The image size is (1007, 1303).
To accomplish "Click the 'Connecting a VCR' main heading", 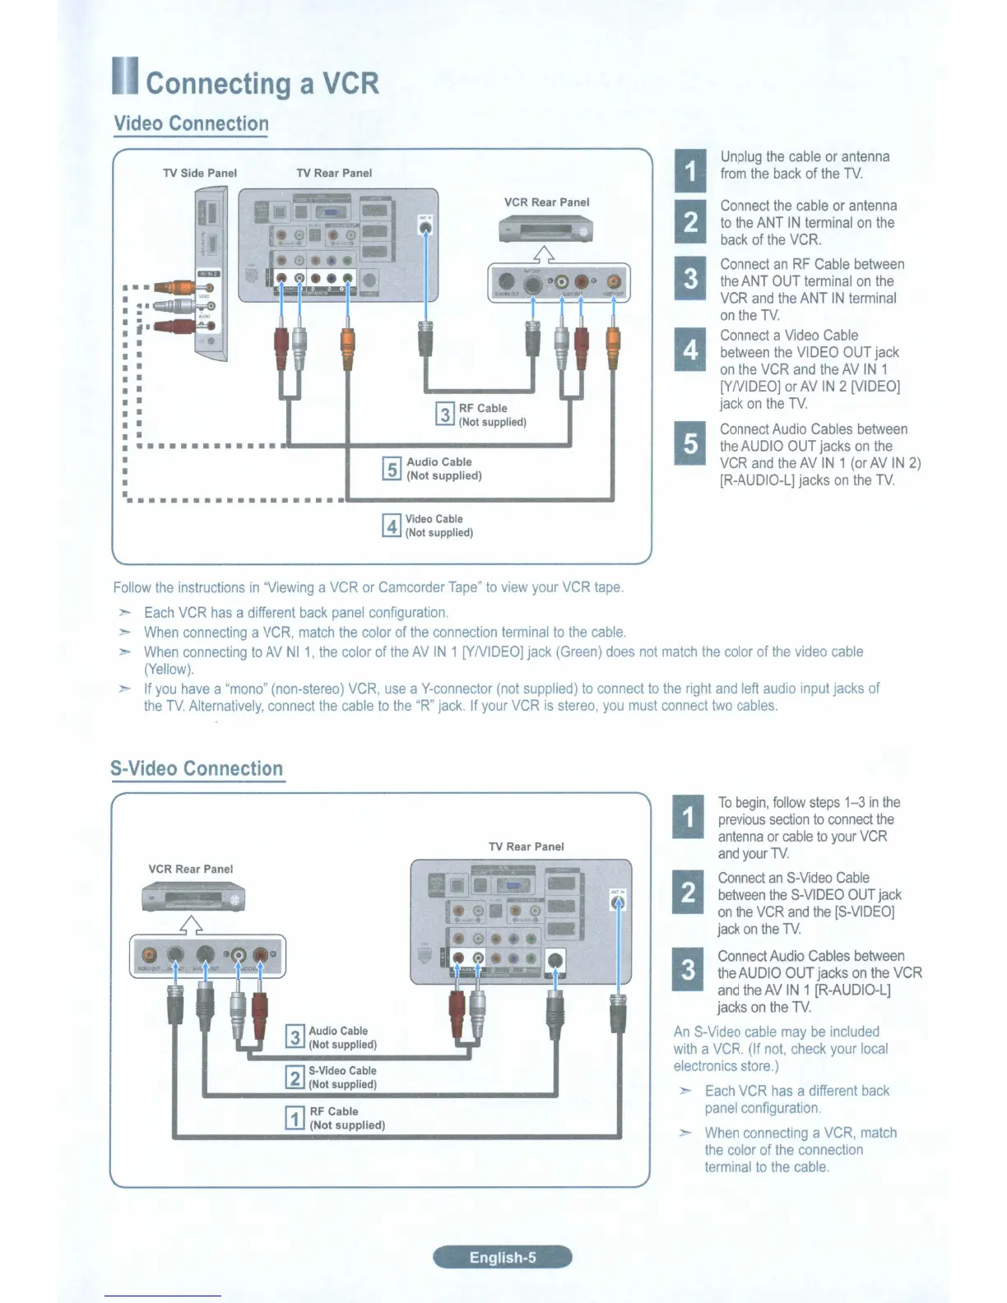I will click(x=262, y=83).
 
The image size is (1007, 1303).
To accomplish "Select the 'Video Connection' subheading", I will click(x=191, y=123).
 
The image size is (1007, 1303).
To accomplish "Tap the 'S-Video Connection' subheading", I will click(x=197, y=768).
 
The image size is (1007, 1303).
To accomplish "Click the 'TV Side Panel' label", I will click(x=200, y=173).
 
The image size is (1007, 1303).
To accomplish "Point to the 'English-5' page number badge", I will click(x=503, y=1257).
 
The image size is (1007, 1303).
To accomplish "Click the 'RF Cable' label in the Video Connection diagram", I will click(x=483, y=408).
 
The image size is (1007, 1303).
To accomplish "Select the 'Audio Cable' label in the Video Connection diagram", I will click(x=439, y=461).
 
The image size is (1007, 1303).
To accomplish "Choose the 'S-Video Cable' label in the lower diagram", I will click(x=342, y=1070).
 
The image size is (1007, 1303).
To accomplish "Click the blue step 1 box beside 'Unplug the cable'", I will click(x=690, y=171).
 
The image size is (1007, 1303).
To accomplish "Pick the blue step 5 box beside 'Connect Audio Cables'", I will click(x=690, y=443).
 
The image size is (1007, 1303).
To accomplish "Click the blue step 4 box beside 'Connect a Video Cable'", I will click(x=690, y=350).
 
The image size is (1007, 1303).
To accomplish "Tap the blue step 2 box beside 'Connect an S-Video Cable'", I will click(x=689, y=892).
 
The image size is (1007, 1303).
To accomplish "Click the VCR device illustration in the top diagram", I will click(x=546, y=230).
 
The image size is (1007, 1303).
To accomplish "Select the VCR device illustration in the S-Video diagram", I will click(x=193, y=897).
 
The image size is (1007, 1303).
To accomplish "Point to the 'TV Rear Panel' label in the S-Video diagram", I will click(x=527, y=846).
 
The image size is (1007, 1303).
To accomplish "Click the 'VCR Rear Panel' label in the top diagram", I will click(x=547, y=202).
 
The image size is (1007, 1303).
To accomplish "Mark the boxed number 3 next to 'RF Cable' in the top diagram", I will click(x=445, y=414).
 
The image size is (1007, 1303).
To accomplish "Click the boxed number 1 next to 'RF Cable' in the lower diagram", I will click(x=295, y=1118).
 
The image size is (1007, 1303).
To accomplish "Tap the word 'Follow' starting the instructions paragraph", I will click(x=132, y=587).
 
